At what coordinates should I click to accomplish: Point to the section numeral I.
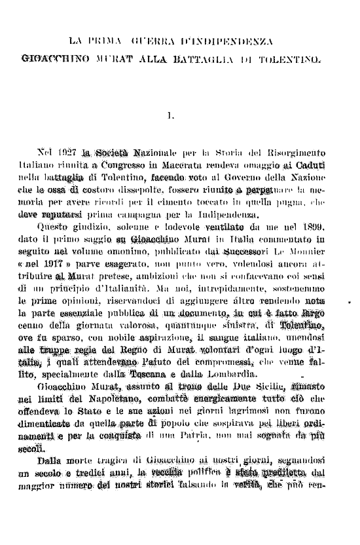click(170, 117)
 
